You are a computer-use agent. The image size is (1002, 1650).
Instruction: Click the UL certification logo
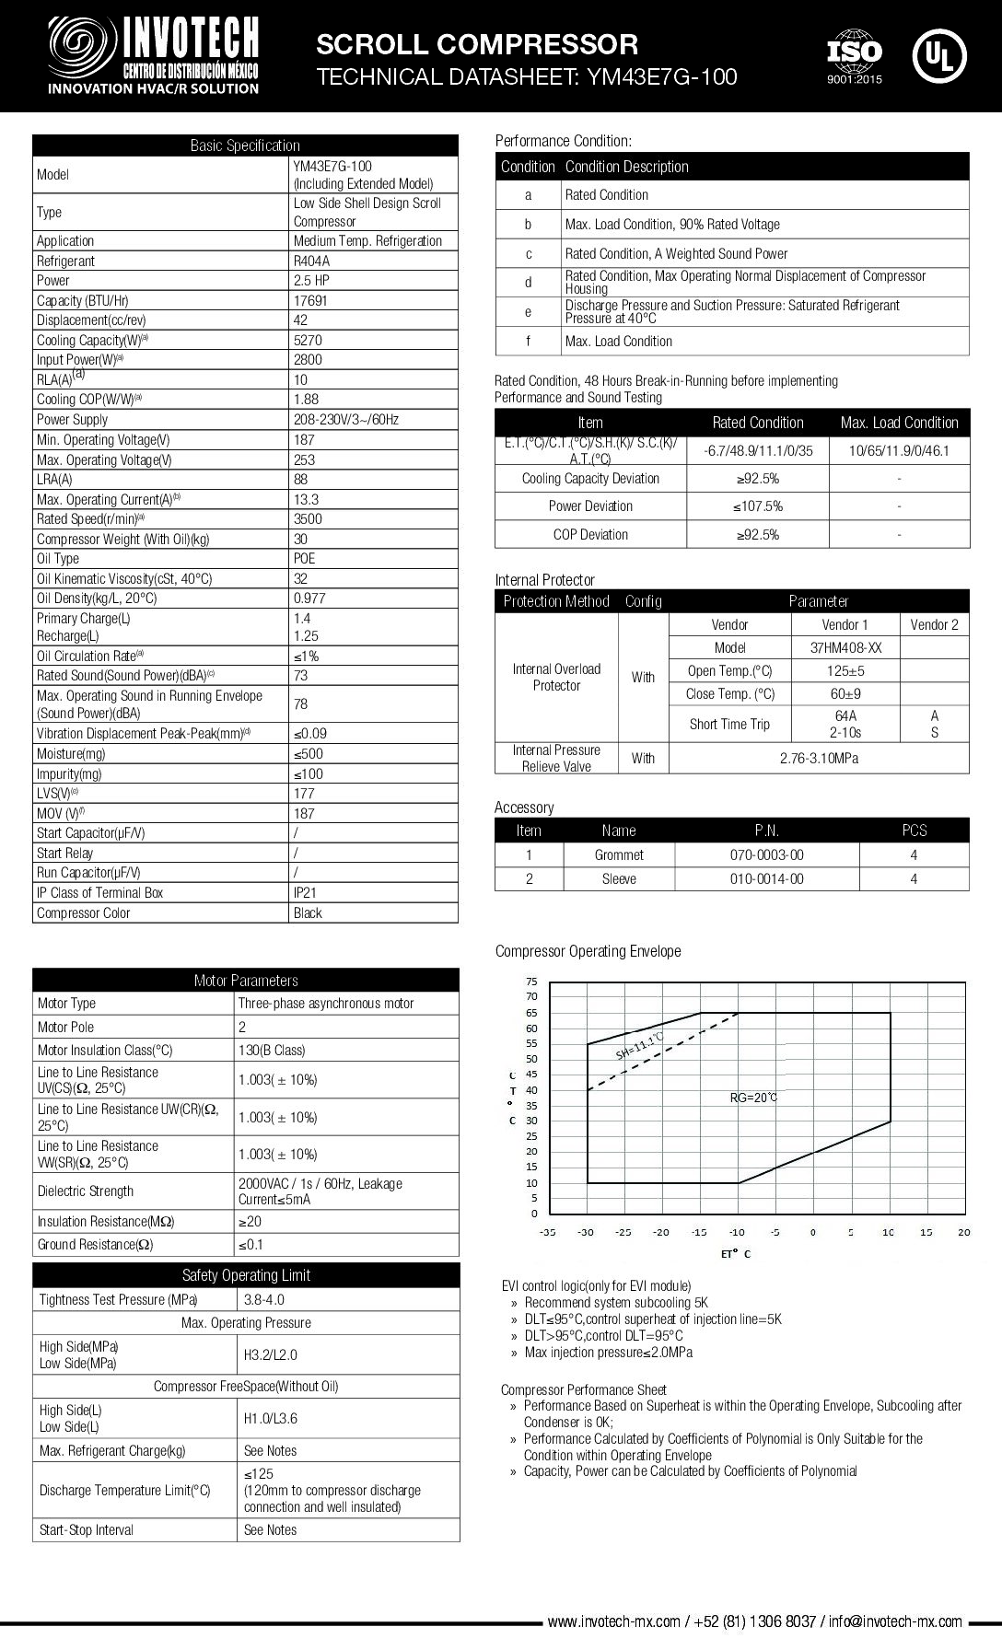[x=939, y=54]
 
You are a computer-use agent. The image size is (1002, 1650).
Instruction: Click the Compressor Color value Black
[x=308, y=913]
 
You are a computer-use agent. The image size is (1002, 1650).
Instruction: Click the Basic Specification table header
[x=245, y=145]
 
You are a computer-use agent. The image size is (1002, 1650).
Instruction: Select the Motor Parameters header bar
[x=246, y=981]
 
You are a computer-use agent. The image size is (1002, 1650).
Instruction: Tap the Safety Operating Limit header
[x=246, y=1275]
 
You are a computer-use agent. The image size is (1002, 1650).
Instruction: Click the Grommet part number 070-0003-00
[x=766, y=855]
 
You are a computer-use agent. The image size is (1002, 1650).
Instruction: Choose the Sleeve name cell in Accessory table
[x=619, y=879]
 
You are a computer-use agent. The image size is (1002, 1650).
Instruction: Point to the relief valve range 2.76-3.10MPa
[x=819, y=759]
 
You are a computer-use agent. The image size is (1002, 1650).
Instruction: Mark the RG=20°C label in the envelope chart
[x=753, y=1098]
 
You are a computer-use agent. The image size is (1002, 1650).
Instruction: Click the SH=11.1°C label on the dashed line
[x=641, y=1047]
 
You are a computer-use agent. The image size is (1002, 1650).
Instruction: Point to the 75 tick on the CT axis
[x=531, y=982]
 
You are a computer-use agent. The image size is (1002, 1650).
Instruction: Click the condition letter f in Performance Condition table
[x=528, y=342]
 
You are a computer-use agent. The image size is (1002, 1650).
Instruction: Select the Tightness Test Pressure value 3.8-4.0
[x=264, y=1300]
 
